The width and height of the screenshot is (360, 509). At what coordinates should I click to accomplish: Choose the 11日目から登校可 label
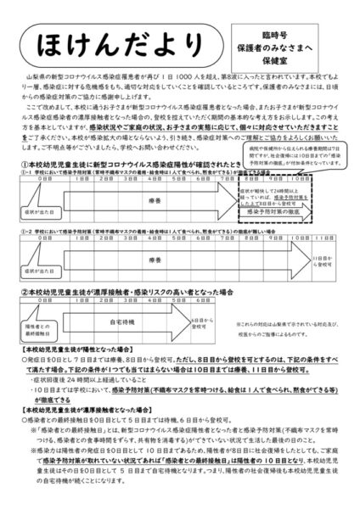click(x=322, y=253)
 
